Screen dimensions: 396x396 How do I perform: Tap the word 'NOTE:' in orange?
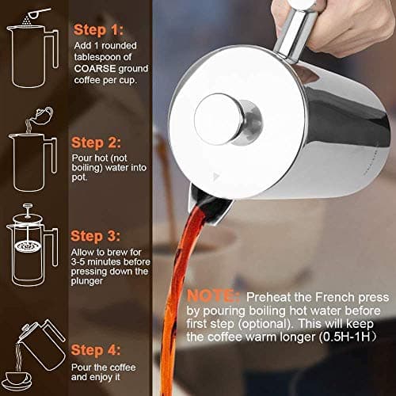(215, 295)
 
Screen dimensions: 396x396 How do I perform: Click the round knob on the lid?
(217, 119)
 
